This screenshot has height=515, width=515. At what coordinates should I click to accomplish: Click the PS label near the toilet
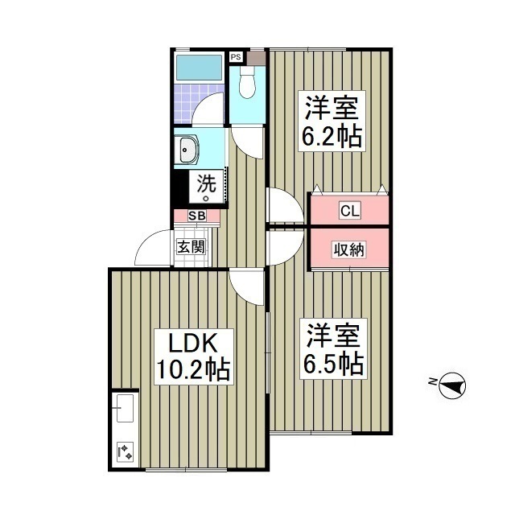(x=235, y=57)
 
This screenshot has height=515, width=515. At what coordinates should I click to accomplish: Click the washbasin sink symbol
(x=190, y=149)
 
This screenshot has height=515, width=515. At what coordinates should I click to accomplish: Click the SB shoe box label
(x=196, y=216)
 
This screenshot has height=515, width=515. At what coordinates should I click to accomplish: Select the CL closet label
(x=349, y=212)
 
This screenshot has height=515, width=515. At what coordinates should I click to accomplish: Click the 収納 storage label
(x=349, y=249)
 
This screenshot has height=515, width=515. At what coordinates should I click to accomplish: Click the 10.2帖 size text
(x=193, y=369)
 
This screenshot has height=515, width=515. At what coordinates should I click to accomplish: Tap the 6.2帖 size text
(x=331, y=136)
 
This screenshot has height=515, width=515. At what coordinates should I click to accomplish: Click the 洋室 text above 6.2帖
(x=331, y=107)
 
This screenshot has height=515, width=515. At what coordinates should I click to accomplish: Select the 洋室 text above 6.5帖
(x=331, y=334)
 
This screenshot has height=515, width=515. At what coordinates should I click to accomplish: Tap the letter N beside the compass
(x=432, y=381)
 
